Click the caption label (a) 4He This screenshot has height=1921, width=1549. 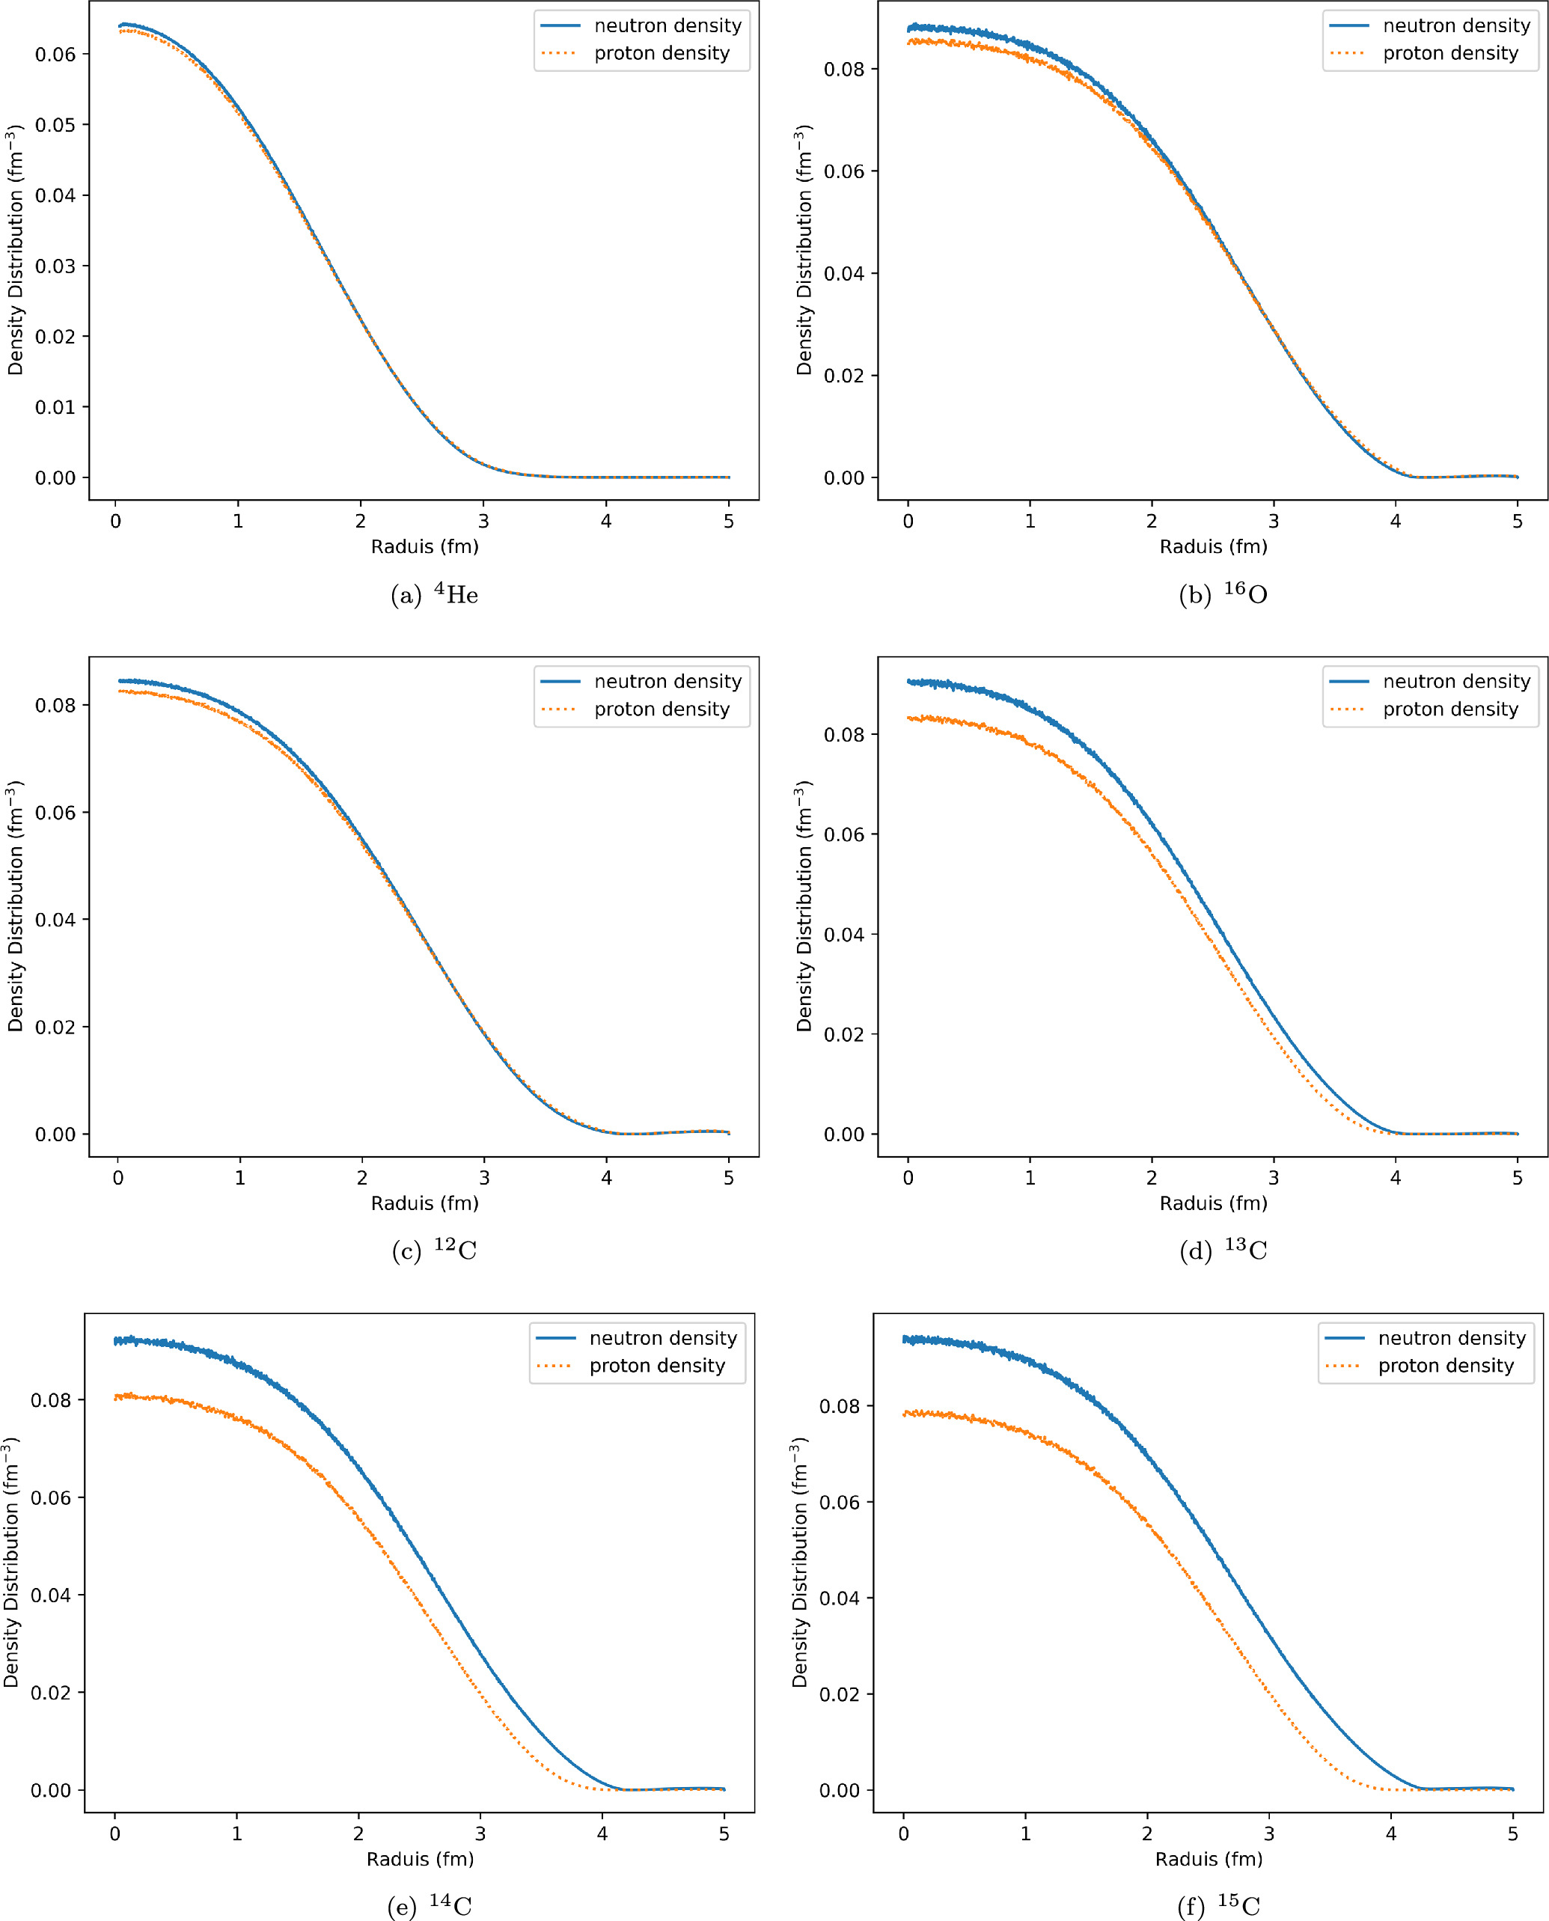pos(435,594)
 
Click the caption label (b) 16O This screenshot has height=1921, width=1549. pos(1223,594)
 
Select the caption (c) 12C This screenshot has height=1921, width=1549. pos(435,1250)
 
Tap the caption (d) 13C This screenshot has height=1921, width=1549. pos(1223,1250)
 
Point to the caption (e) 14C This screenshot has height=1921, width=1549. pos(430,1906)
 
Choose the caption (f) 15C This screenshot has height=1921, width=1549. pos(1218,1906)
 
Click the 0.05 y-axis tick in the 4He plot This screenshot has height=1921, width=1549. pos(55,125)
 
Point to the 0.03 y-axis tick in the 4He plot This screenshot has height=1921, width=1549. pos(55,266)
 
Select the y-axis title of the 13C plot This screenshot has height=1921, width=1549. pos(804,906)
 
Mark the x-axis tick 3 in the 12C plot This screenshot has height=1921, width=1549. pos(484,1178)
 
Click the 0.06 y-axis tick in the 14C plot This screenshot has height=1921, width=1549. pos(51,1498)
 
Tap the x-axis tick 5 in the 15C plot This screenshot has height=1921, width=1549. pos(1512,1833)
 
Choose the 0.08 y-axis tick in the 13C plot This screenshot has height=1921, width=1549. pos(844,735)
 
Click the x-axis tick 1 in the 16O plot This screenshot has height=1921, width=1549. pos(1030,521)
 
